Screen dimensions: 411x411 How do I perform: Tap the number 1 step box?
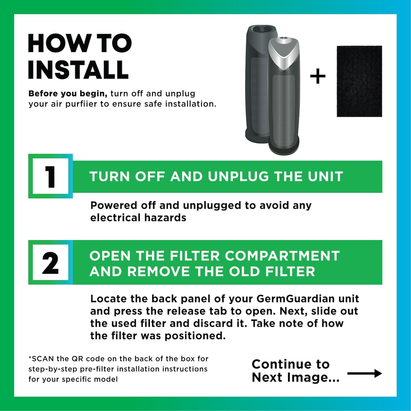point(50,176)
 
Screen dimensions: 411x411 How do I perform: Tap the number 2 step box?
point(50,263)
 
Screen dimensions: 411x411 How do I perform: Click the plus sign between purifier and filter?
point(318,76)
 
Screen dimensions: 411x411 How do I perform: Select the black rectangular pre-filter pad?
point(359,81)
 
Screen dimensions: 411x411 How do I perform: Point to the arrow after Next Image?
point(364,373)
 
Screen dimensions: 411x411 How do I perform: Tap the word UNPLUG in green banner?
point(238,176)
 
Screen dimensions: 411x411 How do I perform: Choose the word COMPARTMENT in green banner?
point(282,256)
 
